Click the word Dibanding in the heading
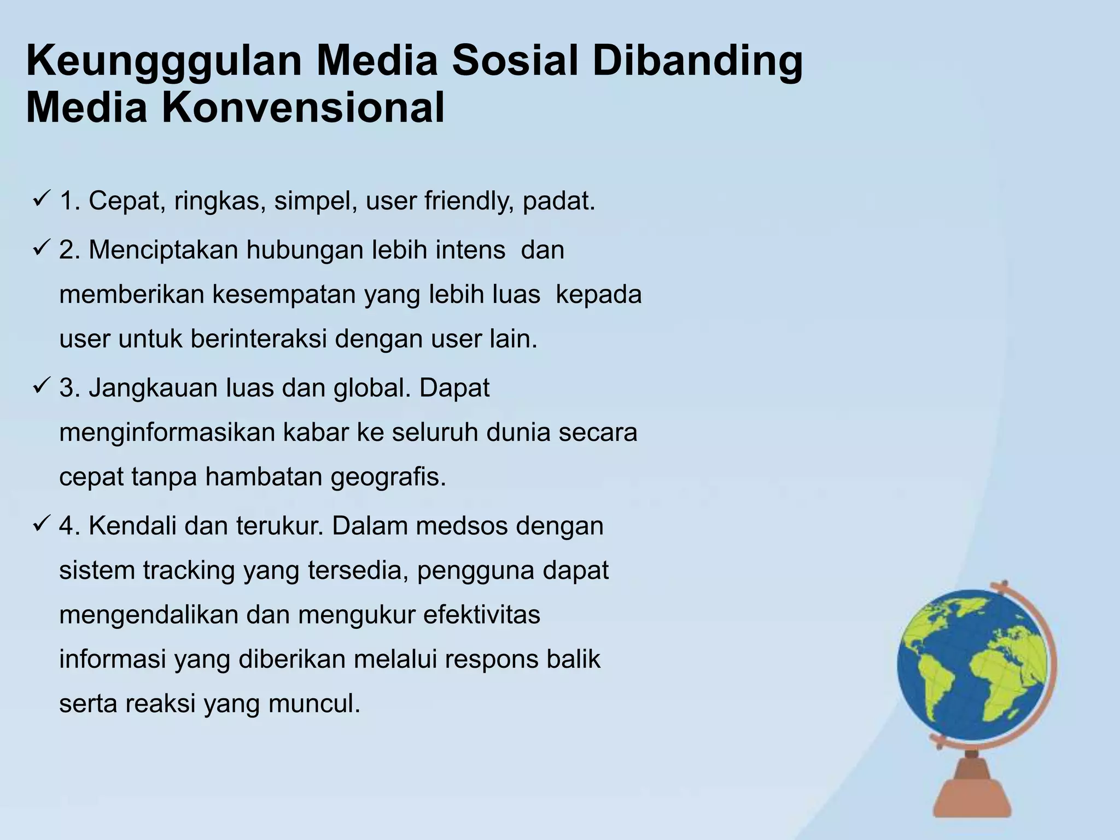[x=698, y=62]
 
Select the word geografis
[x=388, y=477]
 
